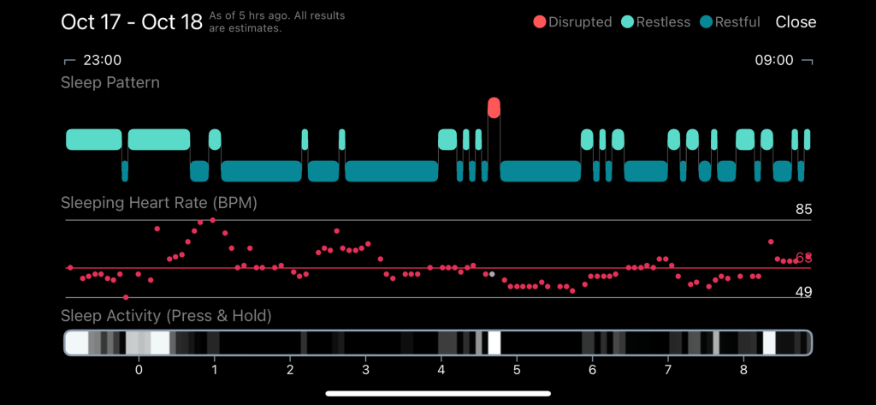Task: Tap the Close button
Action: (x=796, y=22)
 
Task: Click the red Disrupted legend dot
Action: (x=540, y=22)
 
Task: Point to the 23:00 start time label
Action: (x=102, y=61)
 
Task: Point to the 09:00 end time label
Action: (x=773, y=61)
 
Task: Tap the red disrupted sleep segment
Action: (x=494, y=107)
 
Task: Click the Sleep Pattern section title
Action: (x=110, y=83)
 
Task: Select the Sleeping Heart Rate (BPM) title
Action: (x=159, y=204)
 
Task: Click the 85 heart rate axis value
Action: (x=802, y=210)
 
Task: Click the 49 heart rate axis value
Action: (x=802, y=292)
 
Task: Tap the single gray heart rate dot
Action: (x=492, y=274)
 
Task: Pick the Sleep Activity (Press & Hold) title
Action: (x=166, y=316)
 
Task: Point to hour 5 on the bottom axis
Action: (x=517, y=370)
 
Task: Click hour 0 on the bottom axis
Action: (x=139, y=370)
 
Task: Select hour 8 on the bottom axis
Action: (x=743, y=370)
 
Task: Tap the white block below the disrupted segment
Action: (x=494, y=342)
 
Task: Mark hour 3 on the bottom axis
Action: (x=365, y=370)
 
